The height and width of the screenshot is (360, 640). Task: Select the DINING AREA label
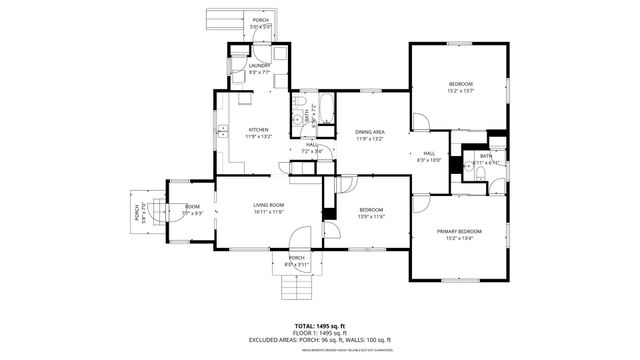pyautogui.click(x=370, y=131)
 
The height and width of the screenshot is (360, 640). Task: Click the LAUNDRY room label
pyautogui.click(x=260, y=66)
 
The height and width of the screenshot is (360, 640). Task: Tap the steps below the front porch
pyautogui.click(x=297, y=288)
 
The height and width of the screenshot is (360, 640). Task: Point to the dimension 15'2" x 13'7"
pyautogui.click(x=460, y=91)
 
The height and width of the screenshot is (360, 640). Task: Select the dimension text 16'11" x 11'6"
pyautogui.click(x=268, y=212)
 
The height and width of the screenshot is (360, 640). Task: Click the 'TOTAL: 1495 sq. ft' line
pyautogui.click(x=320, y=326)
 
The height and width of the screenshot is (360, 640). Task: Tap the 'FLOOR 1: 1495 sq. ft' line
pyautogui.click(x=320, y=333)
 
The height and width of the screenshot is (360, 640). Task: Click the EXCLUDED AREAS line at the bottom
pyautogui.click(x=320, y=340)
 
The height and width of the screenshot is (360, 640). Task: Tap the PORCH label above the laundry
pyautogui.click(x=260, y=20)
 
